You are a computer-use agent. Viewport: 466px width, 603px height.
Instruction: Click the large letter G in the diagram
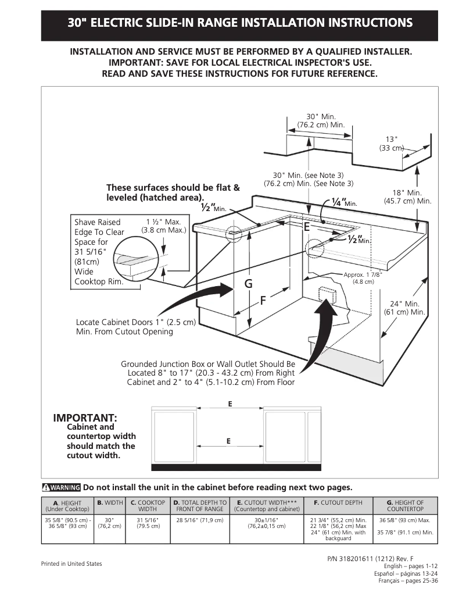[x=249, y=284]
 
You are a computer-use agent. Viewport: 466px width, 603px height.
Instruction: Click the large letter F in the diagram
[x=263, y=301]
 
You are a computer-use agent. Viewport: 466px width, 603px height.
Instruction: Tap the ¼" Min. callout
[x=343, y=202]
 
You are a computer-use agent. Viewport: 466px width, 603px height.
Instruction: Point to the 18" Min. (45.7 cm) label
[x=407, y=197]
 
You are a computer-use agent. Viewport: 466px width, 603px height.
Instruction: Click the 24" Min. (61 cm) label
[x=404, y=308]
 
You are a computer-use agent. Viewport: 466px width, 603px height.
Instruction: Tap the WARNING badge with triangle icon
[x=61, y=487]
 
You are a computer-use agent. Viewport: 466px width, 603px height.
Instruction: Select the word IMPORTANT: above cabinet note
[x=85, y=418]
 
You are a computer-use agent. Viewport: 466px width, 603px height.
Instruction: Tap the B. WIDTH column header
[x=109, y=502]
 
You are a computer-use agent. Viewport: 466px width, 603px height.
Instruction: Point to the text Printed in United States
[x=71, y=563]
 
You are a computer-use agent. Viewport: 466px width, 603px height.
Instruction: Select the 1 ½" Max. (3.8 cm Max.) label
[x=163, y=226]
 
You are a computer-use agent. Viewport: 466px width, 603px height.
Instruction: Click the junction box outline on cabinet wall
[x=324, y=295]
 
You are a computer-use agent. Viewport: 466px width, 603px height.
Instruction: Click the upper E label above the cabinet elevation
[x=230, y=404]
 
